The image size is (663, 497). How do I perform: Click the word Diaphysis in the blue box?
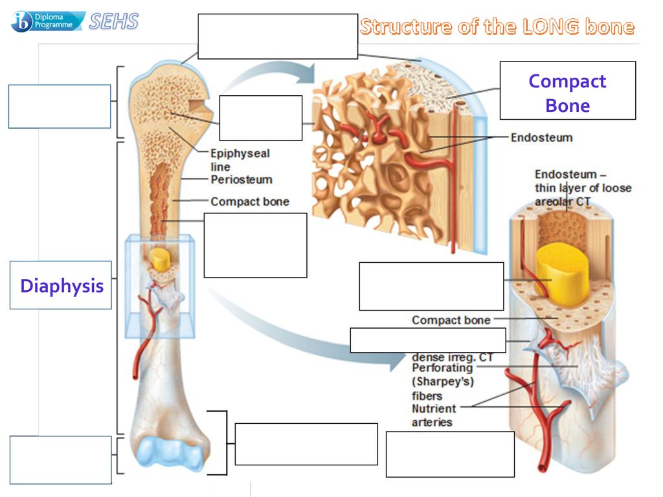pos(62,286)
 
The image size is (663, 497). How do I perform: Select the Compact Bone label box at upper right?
pos(567,91)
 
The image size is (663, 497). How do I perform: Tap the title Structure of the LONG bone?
pos(497,26)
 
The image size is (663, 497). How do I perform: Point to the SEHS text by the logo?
pos(114,21)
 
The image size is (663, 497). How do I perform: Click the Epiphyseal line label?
pos(240,160)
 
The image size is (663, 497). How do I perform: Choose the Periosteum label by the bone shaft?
pos(242,180)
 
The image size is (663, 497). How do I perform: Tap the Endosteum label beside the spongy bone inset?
pos(542,137)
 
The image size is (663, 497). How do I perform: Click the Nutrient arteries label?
pos(434,415)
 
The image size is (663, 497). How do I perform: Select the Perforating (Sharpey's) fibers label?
pos(443,382)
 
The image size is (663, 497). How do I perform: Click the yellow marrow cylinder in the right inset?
pos(563,272)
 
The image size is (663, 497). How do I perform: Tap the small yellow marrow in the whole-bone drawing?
pos(159,259)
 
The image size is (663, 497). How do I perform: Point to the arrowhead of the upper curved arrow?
pos(306,73)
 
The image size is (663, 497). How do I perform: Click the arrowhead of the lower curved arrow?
pos(398,361)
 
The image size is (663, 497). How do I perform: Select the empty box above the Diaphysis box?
pos(60,107)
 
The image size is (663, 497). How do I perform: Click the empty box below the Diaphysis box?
pos(61,460)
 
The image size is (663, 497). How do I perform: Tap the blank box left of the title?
pos(278,36)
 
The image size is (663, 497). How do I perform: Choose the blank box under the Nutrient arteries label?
pos(451,454)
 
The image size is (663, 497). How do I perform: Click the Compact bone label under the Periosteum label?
pos(250,202)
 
